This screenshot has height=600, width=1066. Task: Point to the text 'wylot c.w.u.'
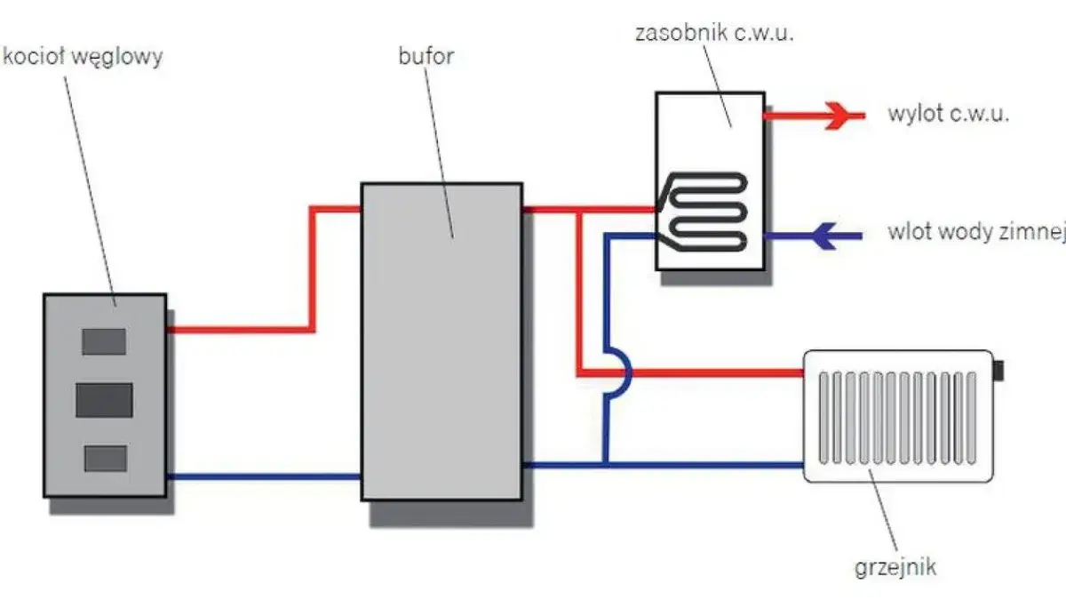(x=948, y=115)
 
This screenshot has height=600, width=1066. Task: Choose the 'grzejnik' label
(x=895, y=567)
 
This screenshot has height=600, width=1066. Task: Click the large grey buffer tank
(x=441, y=356)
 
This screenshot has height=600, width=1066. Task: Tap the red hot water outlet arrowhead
(x=837, y=116)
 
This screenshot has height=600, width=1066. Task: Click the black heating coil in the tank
(x=711, y=210)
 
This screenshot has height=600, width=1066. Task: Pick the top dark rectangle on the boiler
(x=104, y=341)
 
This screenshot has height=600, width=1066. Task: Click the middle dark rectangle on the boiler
(x=104, y=400)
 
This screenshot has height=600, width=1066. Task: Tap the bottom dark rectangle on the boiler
(x=105, y=458)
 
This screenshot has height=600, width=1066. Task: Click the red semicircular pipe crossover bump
(x=622, y=373)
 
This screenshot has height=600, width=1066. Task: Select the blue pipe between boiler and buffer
(x=263, y=476)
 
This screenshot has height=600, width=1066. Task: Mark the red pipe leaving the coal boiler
(x=240, y=329)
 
